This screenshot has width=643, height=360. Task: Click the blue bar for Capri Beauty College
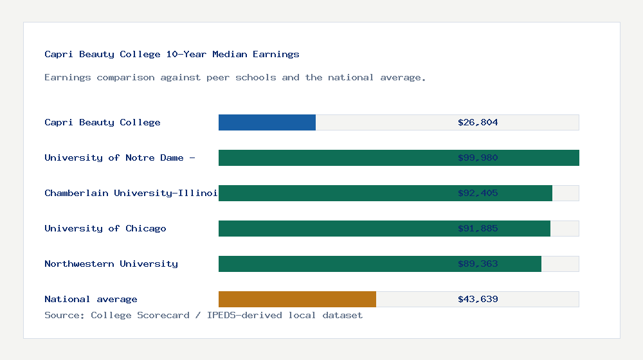pyautogui.click(x=267, y=122)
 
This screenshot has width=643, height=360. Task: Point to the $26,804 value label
pyautogui.click(x=478, y=122)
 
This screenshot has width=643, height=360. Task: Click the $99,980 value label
pyautogui.click(x=478, y=157)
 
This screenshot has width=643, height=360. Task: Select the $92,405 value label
pyautogui.click(x=478, y=193)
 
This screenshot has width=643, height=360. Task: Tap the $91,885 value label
pyautogui.click(x=478, y=228)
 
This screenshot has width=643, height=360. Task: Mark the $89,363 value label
pyautogui.click(x=478, y=264)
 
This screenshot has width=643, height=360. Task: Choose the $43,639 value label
pyautogui.click(x=478, y=299)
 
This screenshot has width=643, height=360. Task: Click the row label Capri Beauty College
pyautogui.click(x=102, y=122)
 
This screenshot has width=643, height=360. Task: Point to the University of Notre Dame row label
pyautogui.click(x=120, y=157)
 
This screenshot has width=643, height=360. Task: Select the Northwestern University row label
pyautogui.click(x=111, y=264)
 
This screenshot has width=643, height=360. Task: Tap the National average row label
pyautogui.click(x=91, y=299)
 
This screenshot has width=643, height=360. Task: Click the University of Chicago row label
pyautogui.click(x=105, y=228)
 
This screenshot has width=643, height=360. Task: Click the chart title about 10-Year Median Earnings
pyautogui.click(x=172, y=54)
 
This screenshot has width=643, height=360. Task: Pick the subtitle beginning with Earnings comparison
pyautogui.click(x=235, y=77)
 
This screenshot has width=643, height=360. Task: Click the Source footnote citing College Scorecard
pyautogui.click(x=203, y=315)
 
